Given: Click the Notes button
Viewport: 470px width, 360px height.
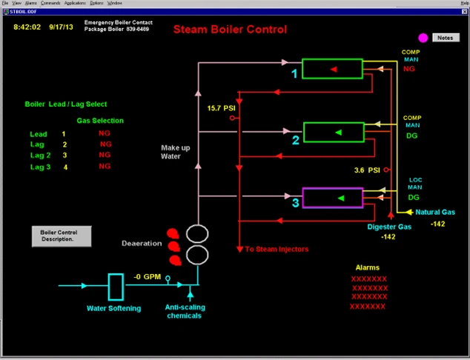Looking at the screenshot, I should [x=444, y=37].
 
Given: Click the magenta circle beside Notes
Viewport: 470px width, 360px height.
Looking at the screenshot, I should [x=423, y=38].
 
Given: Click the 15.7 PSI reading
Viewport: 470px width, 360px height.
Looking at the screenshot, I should [x=221, y=109].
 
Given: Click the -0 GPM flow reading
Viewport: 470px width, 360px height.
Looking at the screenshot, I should [x=148, y=277].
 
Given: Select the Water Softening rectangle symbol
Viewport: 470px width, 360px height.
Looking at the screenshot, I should [x=115, y=287].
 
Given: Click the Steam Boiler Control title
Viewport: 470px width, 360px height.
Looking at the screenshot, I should [x=229, y=30].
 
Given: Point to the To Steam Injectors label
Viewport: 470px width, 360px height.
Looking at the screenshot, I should [x=277, y=249].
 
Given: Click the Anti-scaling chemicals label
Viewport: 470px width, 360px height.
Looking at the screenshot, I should [x=183, y=311].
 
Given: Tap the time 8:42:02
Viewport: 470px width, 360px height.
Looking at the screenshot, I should [x=28, y=26].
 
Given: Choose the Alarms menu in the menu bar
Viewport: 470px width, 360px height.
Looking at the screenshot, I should [x=31, y=3].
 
